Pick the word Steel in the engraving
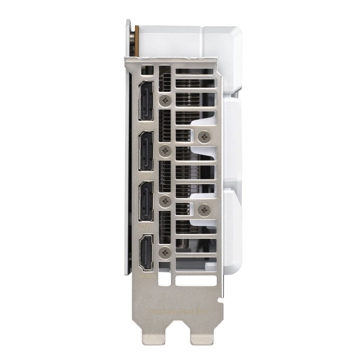click(x=186, y=312)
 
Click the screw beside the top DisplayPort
click(x=166, y=100)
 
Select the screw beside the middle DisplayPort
click(x=166, y=151)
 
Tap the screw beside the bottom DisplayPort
click(x=166, y=201)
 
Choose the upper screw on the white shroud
click(x=204, y=136)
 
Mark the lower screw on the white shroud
click(x=204, y=210)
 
